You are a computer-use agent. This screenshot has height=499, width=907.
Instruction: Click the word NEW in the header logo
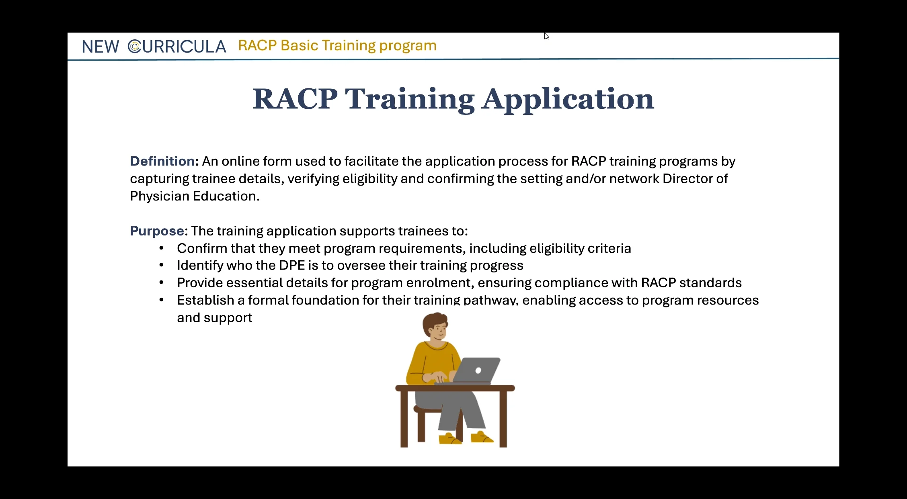[x=101, y=47]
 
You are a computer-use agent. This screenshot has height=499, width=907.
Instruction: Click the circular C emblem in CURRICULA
[x=134, y=47]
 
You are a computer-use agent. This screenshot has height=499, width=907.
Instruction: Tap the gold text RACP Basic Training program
[x=337, y=45]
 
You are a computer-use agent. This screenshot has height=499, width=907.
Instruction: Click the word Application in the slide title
[x=568, y=99]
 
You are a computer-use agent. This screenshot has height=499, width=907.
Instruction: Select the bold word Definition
[x=162, y=161]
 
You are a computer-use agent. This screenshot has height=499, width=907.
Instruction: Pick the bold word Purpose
[x=157, y=231]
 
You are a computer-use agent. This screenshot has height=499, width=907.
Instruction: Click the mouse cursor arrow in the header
[x=546, y=36]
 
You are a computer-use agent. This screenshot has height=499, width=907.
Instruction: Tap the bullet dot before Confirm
[x=161, y=248]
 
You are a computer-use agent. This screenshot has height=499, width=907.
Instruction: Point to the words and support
[x=214, y=318]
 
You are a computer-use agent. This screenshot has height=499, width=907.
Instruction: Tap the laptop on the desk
[x=476, y=370]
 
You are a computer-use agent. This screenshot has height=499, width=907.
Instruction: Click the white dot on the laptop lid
[x=478, y=370]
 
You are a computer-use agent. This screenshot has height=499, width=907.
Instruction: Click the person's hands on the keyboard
[x=437, y=377]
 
